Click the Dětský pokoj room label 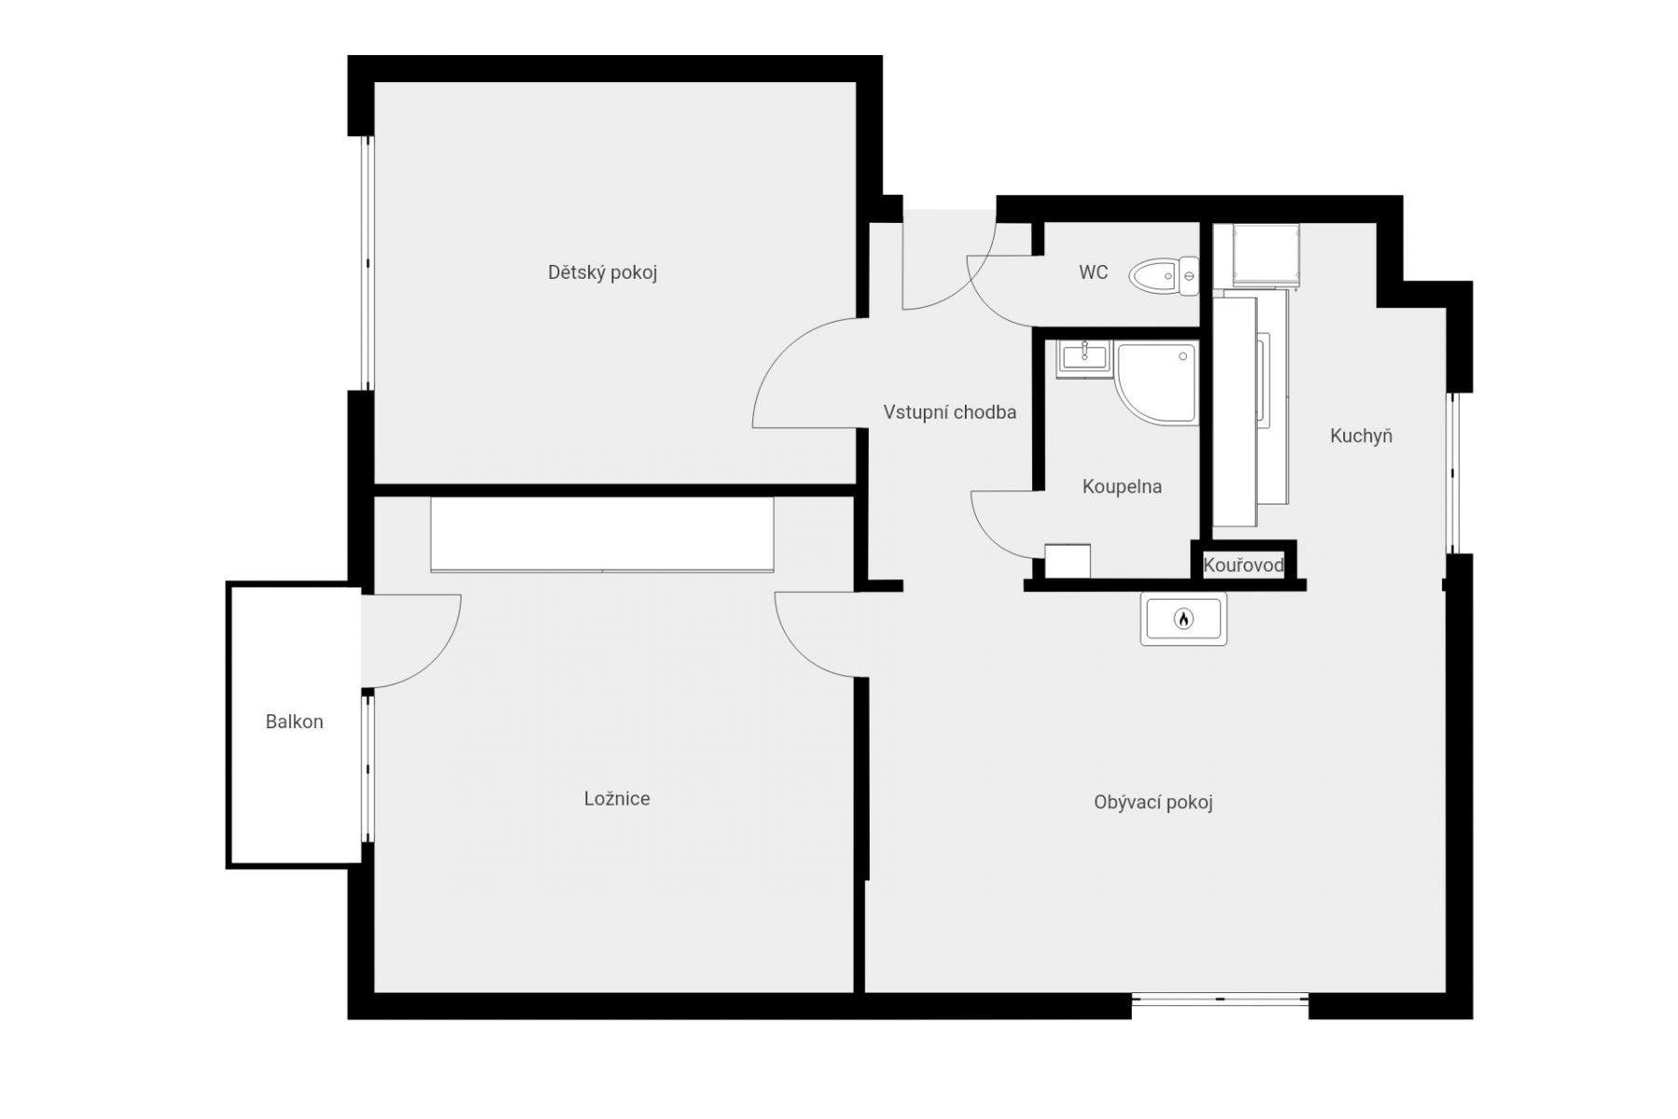click(602, 273)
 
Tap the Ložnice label click(617, 798)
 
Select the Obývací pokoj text click(1153, 803)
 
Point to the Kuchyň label click(1361, 435)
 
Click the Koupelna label click(1121, 486)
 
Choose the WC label click(1093, 272)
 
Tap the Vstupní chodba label click(950, 412)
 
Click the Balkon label click(295, 722)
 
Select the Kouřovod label click(1244, 565)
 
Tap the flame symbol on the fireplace click(1183, 618)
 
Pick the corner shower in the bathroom click(1157, 384)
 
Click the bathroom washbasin click(1084, 358)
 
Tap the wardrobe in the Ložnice click(602, 534)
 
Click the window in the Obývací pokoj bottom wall click(1220, 1000)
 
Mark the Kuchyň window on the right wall click(1451, 473)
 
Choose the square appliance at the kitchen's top click(1265, 255)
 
